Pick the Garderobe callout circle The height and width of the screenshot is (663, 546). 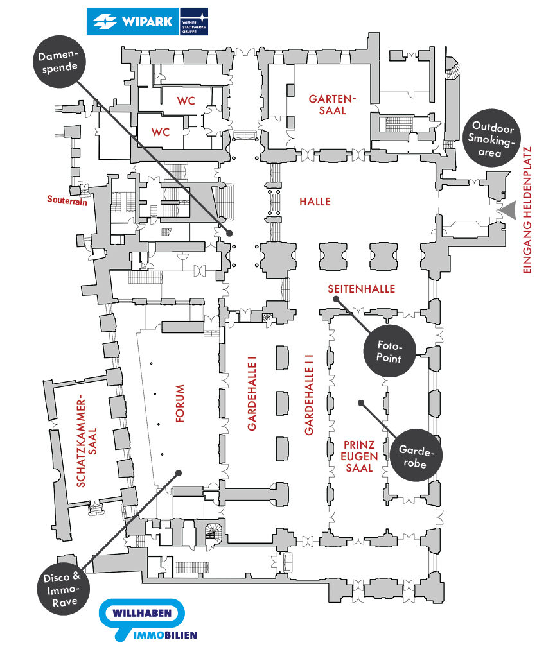pos(416,455)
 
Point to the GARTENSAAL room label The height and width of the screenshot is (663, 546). pos(331,104)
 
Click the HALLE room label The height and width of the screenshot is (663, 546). pos(315,202)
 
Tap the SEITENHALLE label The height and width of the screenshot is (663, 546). pos(361,289)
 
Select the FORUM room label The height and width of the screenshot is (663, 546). pos(180,404)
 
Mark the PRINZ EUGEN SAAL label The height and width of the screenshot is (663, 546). pos(359,456)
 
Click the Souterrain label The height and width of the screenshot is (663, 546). pos(67,199)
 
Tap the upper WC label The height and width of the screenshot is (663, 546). pos(186,100)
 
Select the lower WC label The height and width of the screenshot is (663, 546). pos(160,132)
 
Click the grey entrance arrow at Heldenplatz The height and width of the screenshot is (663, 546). pos(507,209)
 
